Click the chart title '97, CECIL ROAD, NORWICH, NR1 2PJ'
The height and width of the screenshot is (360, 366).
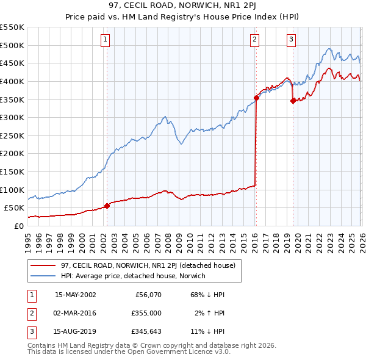point(182,6)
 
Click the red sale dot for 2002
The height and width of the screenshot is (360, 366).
point(107,206)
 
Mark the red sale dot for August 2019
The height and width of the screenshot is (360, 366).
point(293,101)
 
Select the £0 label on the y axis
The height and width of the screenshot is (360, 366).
point(18,226)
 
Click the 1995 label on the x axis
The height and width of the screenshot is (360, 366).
point(28,239)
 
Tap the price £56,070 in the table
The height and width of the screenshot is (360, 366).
point(148,295)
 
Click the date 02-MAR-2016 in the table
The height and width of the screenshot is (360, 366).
point(75,313)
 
